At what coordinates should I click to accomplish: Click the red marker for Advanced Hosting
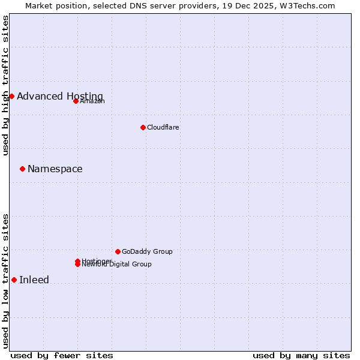point(11,96)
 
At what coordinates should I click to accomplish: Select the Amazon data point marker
point(76,101)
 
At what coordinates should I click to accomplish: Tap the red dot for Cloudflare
point(143,127)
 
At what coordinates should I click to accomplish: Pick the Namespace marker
point(22,169)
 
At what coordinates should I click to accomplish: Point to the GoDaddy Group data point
point(118,251)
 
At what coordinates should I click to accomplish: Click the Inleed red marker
point(14,280)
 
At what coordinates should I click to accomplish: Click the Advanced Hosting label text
point(60,97)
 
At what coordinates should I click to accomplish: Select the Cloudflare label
point(163,127)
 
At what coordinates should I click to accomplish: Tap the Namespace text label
point(55,169)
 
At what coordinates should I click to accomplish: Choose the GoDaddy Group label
point(147,251)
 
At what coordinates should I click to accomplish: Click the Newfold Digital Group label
point(117,265)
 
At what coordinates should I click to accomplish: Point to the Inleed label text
point(34,280)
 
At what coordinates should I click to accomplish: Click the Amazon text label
point(92,101)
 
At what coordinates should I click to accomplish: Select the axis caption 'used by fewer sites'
point(62,355)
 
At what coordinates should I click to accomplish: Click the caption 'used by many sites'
point(301,355)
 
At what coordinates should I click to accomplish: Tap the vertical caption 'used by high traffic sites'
point(5,85)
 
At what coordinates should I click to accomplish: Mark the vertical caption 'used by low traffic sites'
point(5,281)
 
